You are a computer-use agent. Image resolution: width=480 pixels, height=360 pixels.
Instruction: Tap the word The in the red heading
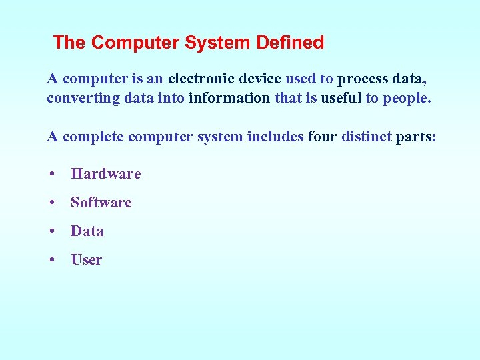(x=69, y=43)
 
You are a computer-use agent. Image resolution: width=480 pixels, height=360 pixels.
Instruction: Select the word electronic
(x=205, y=79)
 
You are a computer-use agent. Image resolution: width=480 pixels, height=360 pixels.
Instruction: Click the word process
(x=362, y=79)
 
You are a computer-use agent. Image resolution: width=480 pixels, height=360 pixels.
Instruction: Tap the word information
(x=229, y=98)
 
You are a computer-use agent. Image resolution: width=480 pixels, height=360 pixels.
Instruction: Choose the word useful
(x=341, y=98)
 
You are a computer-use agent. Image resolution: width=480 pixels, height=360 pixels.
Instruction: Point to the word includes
(x=275, y=137)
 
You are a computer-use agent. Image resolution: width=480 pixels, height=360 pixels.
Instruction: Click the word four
(x=322, y=137)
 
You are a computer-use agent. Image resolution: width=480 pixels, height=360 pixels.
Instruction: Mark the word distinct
(x=366, y=137)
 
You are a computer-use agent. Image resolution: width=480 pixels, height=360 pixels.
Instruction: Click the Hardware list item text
(x=106, y=174)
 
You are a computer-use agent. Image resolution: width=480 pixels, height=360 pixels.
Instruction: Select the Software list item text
(x=101, y=203)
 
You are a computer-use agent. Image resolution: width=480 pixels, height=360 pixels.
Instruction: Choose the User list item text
(x=87, y=260)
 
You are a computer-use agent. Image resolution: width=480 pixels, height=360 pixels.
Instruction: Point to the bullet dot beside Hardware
(x=52, y=175)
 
